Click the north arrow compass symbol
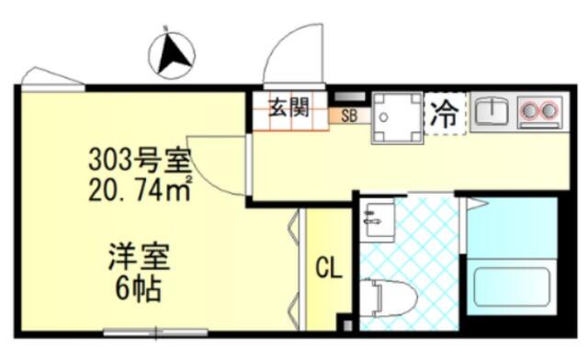pos(172,55)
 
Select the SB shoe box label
pos(349,116)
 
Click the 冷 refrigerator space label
pos(445,113)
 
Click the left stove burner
pos(530,110)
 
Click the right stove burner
pos(548,110)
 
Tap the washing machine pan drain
pos(383,117)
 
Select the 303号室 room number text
pos(140,161)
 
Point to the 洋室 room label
pos(139,257)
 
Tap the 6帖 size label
pos(139,289)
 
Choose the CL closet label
pos(329,268)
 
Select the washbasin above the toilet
pos(377,220)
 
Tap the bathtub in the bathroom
pos(512,287)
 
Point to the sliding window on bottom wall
pos(155,332)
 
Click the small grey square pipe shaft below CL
pos(347,325)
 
